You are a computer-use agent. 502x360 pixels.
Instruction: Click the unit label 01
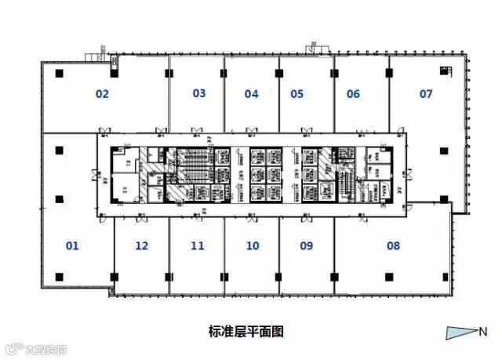coord(72,245)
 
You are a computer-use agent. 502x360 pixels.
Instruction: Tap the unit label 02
coord(101,94)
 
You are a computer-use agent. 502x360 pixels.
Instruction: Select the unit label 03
coord(198,93)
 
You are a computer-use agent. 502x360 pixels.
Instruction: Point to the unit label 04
coord(251,94)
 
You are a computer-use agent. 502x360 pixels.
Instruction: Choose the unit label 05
coord(296,94)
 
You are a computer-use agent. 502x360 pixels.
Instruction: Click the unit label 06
coord(353,94)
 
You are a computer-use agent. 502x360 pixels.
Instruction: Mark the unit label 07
coord(426,94)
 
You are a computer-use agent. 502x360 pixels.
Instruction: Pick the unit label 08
coord(393,245)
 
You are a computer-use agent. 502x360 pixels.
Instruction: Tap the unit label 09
coord(306,245)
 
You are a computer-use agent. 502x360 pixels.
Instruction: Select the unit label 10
coord(252,245)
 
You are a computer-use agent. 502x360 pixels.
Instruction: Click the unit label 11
coord(197,245)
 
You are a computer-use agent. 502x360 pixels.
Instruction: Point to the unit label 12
coord(141,245)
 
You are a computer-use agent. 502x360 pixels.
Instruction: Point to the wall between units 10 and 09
coord(279,251)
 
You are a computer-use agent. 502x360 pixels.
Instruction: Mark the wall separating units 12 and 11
coord(169,251)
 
